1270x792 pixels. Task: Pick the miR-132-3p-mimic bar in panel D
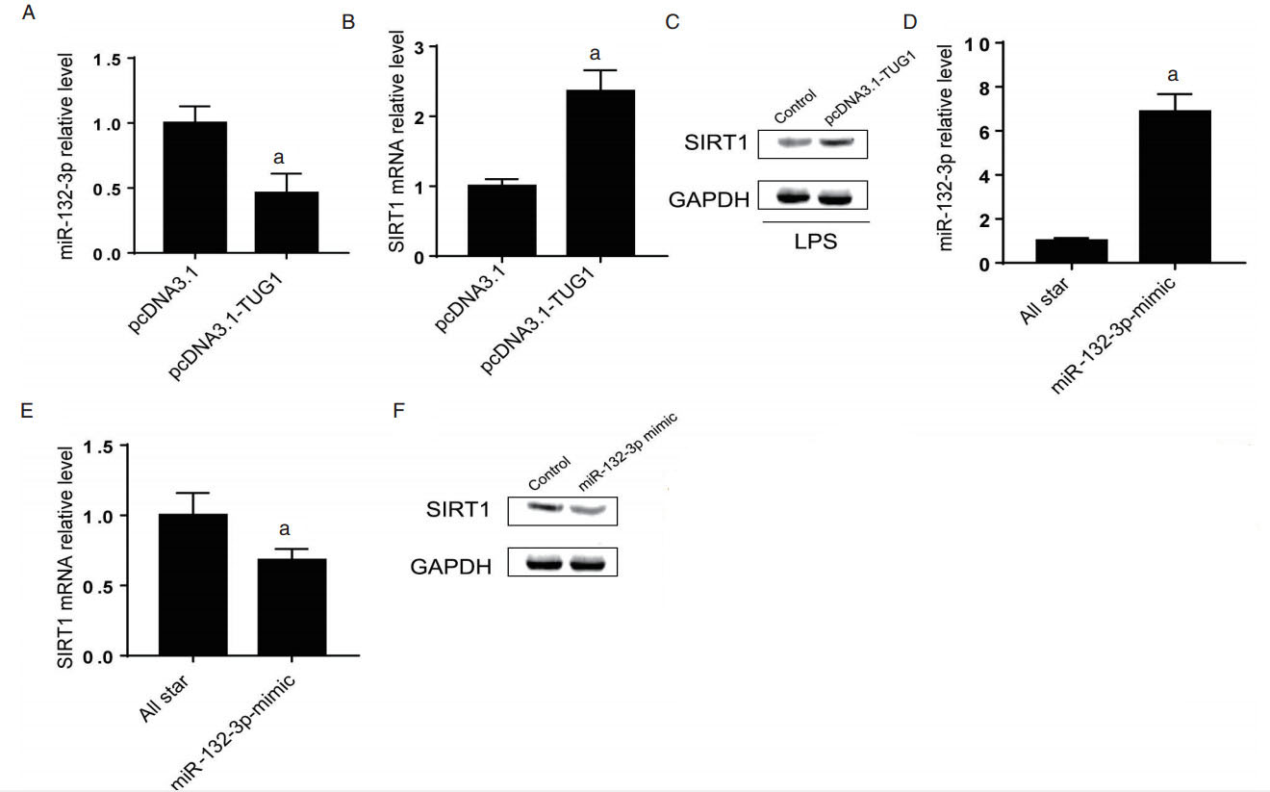pyautogui.click(x=1174, y=187)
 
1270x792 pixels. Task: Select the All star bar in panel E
pyautogui.click(x=193, y=585)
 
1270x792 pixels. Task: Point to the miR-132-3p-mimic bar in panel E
pyautogui.click(x=292, y=607)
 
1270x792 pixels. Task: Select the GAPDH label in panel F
pyautogui.click(x=452, y=567)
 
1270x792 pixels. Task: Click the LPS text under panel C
pyautogui.click(x=814, y=242)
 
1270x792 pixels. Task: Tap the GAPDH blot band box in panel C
pyautogui.click(x=814, y=195)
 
